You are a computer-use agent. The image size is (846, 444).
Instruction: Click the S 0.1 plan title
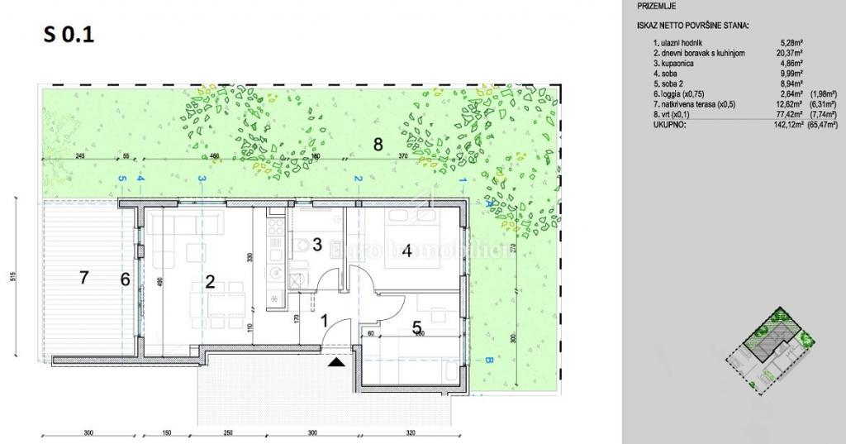[x=69, y=36]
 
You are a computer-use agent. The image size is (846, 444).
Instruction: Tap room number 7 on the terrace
[x=83, y=277]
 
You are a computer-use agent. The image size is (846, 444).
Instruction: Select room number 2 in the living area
[x=210, y=281]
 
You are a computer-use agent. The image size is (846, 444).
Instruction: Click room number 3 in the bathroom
[x=316, y=244]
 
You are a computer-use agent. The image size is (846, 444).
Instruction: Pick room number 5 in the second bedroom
[x=417, y=327]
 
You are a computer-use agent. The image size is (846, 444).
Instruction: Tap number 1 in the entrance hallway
[x=325, y=320]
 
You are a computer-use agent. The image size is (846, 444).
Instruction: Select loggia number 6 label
[x=125, y=279]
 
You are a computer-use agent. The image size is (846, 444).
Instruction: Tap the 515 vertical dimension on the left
[x=15, y=277]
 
